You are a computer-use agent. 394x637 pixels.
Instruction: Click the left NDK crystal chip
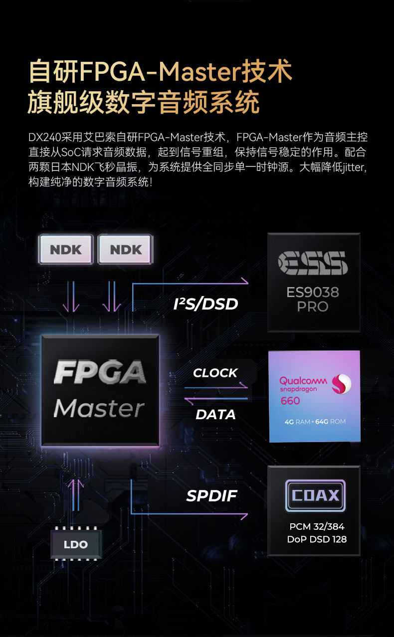[66, 249]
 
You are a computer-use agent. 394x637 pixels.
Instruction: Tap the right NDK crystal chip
[126, 249]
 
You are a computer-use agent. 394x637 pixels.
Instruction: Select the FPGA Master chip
[100, 390]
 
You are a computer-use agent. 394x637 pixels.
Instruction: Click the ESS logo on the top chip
[313, 263]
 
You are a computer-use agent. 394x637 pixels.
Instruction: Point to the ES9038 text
[313, 292]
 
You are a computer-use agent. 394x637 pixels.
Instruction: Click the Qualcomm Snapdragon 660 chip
[314, 396]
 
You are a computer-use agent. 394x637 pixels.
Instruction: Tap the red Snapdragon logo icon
[342, 384]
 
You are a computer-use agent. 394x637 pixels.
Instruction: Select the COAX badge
[315, 496]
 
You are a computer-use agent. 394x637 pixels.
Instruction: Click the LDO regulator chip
[76, 544]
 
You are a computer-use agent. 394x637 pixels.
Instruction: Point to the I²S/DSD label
[205, 304]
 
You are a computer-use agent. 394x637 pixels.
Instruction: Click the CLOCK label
[215, 373]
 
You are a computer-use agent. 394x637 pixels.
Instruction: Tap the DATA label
[215, 414]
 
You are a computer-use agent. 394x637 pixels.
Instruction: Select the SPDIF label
[211, 495]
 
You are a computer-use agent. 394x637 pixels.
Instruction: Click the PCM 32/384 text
[317, 526]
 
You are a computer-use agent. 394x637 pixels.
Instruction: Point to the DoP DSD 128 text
[317, 539]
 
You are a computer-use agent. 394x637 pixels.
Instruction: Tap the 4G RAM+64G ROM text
[315, 422]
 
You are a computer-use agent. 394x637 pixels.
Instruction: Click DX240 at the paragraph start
[44, 137]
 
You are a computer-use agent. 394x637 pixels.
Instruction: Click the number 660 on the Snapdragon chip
[290, 401]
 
